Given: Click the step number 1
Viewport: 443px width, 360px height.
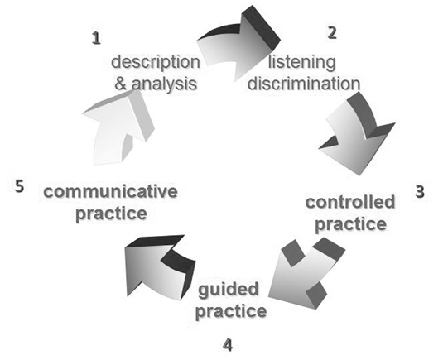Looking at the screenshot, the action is [96, 38].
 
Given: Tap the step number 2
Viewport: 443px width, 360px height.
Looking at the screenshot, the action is [332, 32].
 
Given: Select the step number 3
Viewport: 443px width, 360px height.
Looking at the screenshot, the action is [420, 191].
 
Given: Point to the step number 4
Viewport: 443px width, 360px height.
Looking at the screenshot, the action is [228, 345].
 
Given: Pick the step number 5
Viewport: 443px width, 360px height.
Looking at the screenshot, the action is [19, 186].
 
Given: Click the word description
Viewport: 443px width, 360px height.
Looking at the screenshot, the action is [156, 62].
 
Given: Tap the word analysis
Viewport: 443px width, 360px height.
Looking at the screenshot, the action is [164, 84].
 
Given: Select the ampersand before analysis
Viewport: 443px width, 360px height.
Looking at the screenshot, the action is [121, 84].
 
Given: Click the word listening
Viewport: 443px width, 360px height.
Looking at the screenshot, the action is [302, 62].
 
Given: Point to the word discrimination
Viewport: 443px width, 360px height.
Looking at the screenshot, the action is [304, 84].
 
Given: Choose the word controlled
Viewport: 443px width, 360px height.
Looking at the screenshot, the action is [350, 202].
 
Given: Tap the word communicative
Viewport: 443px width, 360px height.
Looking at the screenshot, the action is [110, 191].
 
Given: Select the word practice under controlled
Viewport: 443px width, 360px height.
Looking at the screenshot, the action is [350, 224].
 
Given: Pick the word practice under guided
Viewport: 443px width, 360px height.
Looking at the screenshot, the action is [231, 311].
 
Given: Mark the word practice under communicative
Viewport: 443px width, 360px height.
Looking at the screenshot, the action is [111, 214].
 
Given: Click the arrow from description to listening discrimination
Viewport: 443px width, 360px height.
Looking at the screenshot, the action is [238, 46].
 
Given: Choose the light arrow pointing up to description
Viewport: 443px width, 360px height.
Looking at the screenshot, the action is [118, 128].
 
